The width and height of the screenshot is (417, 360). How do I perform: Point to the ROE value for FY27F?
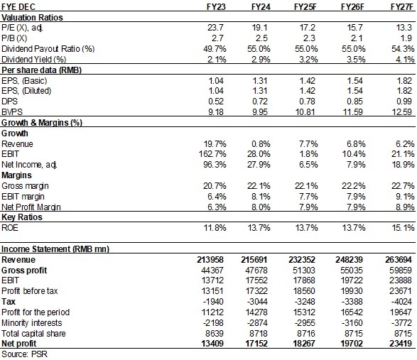pyautogui.click(x=401, y=227)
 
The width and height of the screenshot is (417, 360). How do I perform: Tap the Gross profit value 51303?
pyautogui.click(x=305, y=270)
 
